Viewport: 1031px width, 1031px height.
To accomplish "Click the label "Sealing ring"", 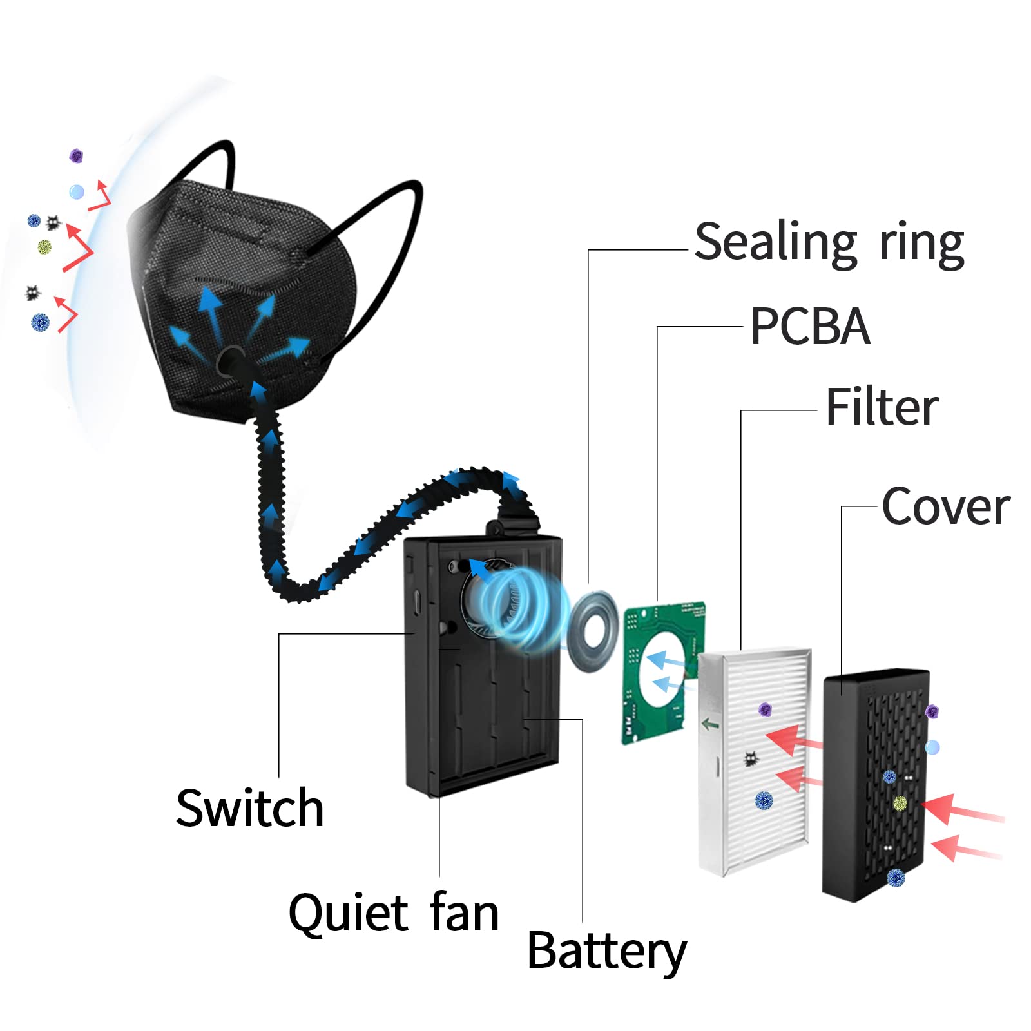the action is coord(829,243).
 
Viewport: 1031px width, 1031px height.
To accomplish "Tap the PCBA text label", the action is coord(810,326).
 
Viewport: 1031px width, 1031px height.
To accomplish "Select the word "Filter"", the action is coord(882,407).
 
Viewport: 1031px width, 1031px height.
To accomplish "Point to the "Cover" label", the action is coord(945,506).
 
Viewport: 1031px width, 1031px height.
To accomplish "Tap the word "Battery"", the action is coord(607,952).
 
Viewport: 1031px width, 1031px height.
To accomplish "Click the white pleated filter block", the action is coord(754,762).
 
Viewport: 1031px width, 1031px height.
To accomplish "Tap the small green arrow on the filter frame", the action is coord(710,724).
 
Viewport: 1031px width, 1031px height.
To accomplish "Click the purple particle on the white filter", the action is coord(765,709).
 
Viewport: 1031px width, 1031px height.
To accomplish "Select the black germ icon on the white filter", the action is coord(751,759).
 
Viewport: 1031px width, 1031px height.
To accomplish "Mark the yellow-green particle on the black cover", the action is coord(900,804).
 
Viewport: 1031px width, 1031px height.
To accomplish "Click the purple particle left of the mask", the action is coord(76,156).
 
